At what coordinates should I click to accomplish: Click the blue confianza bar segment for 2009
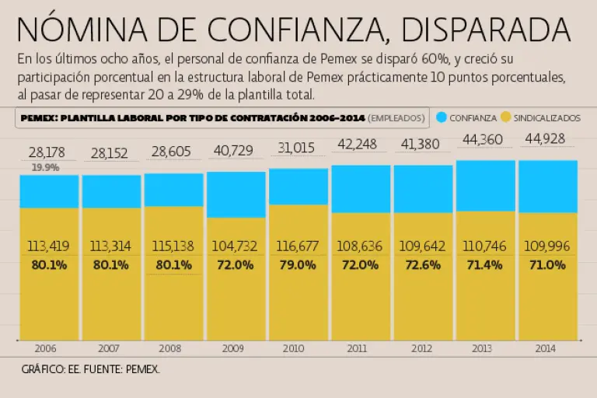coord(236,194)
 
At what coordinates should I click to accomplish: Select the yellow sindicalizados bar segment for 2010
coord(298,303)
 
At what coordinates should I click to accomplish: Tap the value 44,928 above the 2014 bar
coord(547,140)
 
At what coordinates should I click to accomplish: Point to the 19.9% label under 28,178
coord(45,167)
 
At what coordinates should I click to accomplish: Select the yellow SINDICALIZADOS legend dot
coord(505,117)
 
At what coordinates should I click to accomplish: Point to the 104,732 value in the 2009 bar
coord(235,246)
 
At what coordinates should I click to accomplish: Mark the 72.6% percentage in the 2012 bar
coord(423,264)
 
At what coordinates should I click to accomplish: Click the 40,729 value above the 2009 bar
coord(235,150)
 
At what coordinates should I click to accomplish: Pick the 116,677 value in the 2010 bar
coord(298,246)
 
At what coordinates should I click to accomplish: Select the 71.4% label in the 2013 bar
coord(485,264)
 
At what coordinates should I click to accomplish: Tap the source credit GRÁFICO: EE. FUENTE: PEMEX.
coord(91,369)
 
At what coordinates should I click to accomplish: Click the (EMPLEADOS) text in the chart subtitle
coord(396,117)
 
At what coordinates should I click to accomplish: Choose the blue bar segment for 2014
coord(547,187)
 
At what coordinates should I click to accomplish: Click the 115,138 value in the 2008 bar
coord(173,246)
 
